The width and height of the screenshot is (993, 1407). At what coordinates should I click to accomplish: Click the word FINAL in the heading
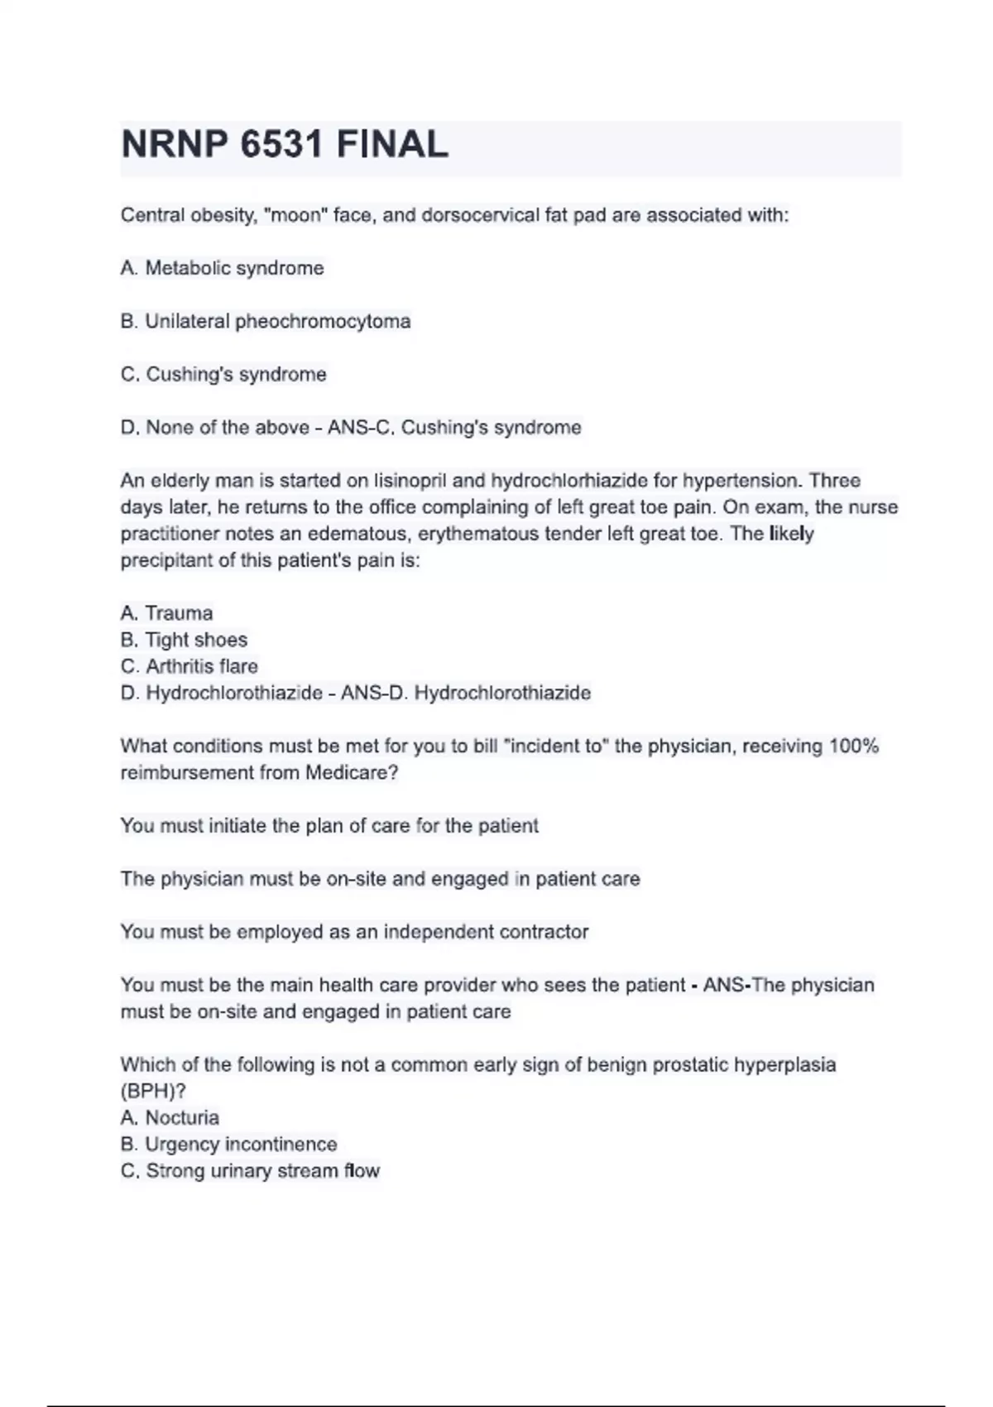coord(392,146)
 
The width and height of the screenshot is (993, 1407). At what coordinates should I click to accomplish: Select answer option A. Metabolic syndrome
coord(222,268)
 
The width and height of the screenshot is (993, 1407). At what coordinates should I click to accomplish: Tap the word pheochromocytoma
coord(323,321)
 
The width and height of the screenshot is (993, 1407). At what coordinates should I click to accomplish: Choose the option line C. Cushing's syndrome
coord(223,374)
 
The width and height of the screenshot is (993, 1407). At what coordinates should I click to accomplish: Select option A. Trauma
coord(166,613)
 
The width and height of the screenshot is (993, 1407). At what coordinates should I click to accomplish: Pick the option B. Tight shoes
coord(184,640)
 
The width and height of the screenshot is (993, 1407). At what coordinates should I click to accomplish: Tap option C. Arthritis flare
coord(189,666)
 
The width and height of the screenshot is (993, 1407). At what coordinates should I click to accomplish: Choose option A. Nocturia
coord(170,1117)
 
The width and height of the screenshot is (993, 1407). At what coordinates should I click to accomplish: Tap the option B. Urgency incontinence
coord(228,1144)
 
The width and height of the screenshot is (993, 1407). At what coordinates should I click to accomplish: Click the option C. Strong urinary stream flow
coord(250,1170)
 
